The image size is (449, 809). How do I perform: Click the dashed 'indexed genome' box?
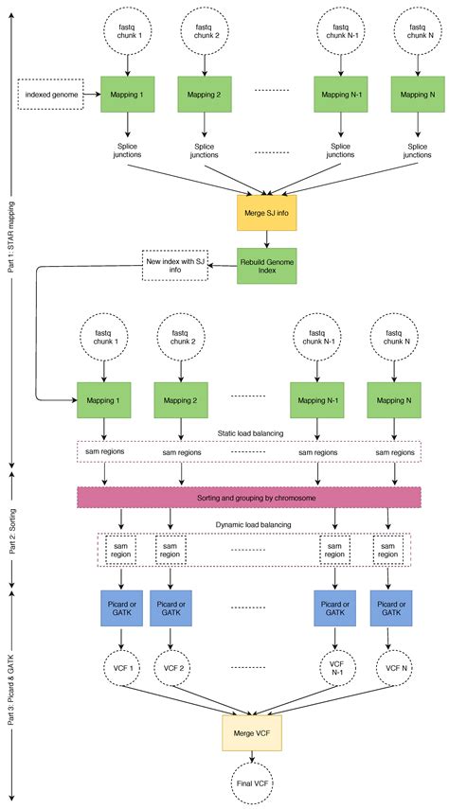click(50, 94)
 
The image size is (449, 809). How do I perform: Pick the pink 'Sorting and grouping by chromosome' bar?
click(248, 497)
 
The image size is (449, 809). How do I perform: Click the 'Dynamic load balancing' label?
click(251, 524)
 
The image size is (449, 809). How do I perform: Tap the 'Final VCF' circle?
click(252, 783)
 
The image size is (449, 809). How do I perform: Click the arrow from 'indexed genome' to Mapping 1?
click(92, 94)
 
